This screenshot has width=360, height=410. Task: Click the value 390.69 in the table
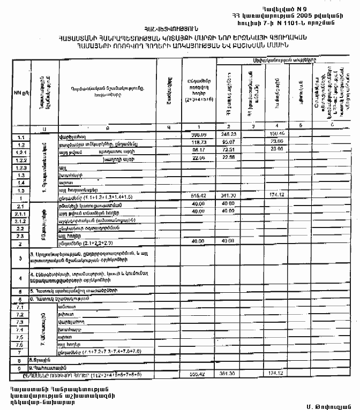coord(199,135)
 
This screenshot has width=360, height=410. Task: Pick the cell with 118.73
coord(198,145)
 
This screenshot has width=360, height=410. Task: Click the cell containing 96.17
coord(199,153)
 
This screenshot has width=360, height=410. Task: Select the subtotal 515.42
coord(199,197)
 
